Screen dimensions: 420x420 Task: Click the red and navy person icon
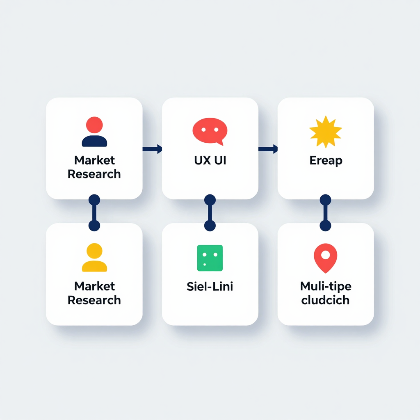tap(94, 132)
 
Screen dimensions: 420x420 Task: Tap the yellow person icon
tap(94, 258)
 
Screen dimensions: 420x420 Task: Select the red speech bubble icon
tap(210, 131)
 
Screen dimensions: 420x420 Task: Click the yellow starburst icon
tap(325, 132)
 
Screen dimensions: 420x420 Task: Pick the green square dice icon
tap(210, 258)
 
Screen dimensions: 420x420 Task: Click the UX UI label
tap(210, 160)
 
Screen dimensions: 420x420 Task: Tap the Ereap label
tap(326, 161)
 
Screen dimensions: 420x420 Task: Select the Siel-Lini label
tap(210, 286)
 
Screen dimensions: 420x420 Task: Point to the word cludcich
tap(325, 300)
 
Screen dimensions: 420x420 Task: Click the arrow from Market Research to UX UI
tap(152, 149)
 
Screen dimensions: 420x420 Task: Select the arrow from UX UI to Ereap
tap(268, 149)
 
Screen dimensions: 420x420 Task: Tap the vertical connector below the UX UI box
tap(210, 213)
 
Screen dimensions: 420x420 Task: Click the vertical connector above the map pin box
tap(325, 213)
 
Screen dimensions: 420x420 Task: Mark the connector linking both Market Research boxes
tap(94, 213)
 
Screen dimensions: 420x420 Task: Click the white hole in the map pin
tap(325, 255)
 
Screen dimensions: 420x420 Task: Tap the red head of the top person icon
tap(94, 125)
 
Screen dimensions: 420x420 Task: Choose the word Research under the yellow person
tap(94, 300)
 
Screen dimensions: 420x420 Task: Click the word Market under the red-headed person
tap(95, 160)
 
